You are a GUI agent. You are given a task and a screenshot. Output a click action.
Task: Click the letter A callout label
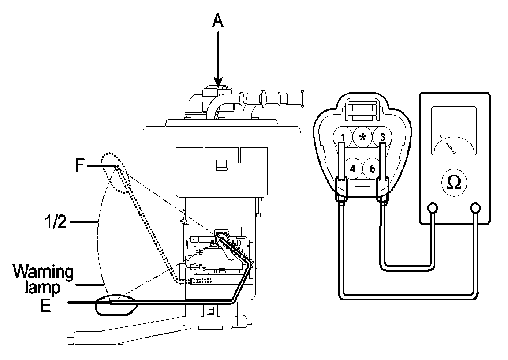click(217, 22)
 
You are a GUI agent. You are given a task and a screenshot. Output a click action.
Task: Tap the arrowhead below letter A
click(218, 82)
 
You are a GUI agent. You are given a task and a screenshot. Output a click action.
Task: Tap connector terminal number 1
click(343, 137)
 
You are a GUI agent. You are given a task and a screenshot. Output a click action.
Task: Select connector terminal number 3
click(382, 137)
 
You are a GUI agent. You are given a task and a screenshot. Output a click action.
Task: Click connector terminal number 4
click(353, 168)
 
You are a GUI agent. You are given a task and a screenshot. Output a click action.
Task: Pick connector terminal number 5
click(373, 168)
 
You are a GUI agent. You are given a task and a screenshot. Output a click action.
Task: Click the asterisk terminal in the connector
click(362, 136)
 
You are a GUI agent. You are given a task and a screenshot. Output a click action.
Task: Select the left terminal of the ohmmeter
click(433, 207)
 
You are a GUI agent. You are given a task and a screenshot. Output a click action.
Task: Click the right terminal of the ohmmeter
click(476, 207)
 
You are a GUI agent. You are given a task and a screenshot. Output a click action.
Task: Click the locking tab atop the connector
click(362, 108)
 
